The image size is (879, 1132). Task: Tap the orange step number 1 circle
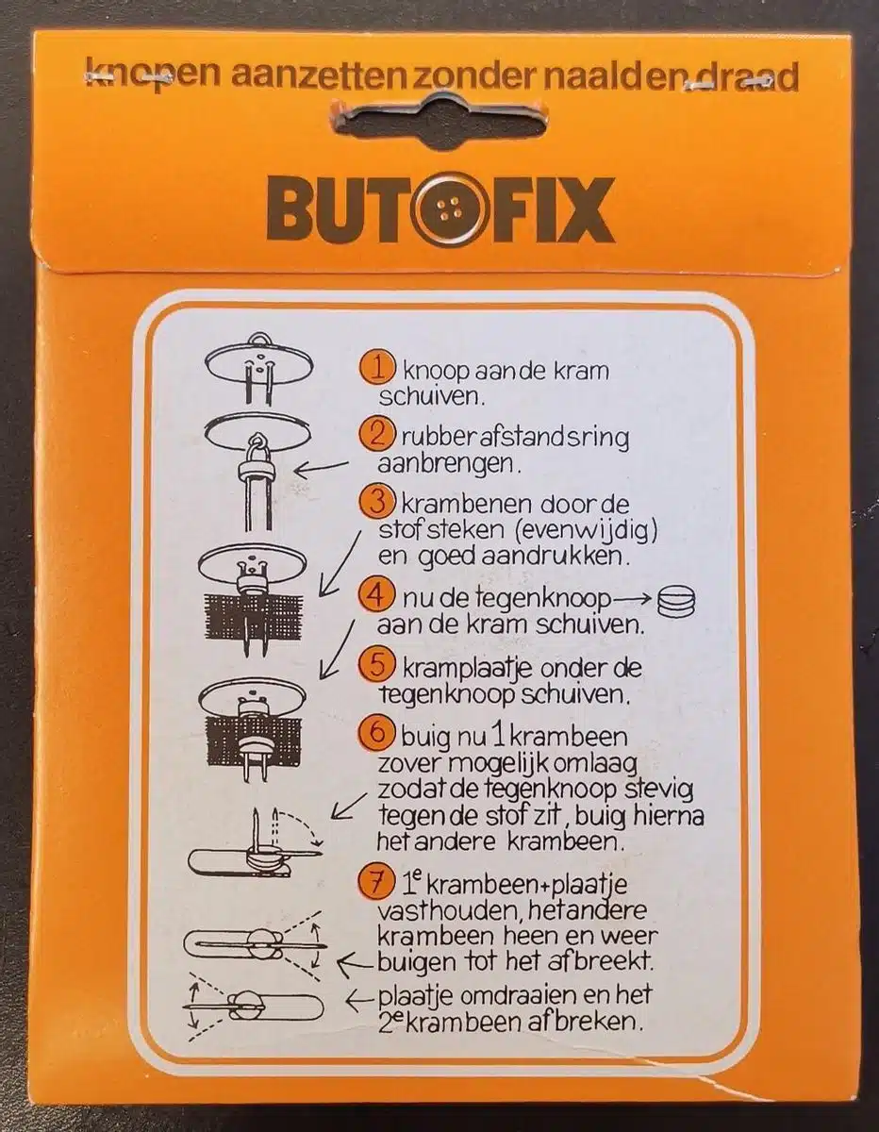(377, 369)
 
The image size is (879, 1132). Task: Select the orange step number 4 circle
(375, 595)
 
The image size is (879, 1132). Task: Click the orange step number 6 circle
(375, 732)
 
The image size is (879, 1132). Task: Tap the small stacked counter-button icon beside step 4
(676, 603)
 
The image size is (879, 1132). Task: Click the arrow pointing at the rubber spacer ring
(322, 467)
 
